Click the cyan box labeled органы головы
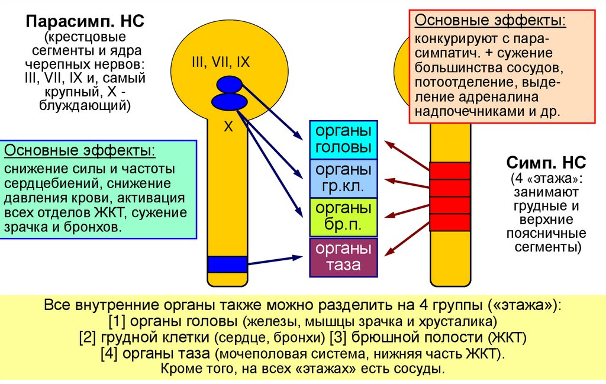click(343, 139)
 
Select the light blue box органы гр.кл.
click(343, 178)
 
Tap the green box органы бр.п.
click(343, 217)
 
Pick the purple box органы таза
click(343, 257)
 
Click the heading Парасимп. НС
click(85, 24)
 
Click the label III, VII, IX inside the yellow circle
click(221, 61)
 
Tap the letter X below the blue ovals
click(228, 126)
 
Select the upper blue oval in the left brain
click(229, 85)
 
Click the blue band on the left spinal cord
click(227, 264)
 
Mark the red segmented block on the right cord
click(450, 196)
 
